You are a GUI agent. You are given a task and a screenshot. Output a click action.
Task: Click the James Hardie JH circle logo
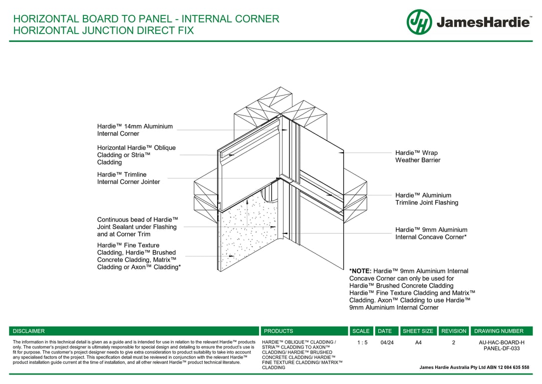(419, 22)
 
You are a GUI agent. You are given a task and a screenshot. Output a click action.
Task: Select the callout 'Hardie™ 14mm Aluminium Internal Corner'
(135, 130)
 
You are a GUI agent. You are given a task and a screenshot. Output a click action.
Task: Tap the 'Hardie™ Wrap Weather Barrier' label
(418, 156)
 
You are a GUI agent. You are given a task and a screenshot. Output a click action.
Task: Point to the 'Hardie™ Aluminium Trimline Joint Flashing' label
(426, 199)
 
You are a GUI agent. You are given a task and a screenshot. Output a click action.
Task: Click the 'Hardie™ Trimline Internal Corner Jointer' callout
(128, 178)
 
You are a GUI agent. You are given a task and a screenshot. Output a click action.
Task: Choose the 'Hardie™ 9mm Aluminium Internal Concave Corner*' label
(431, 233)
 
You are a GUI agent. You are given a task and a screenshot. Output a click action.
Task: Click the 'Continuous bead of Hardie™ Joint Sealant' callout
(137, 227)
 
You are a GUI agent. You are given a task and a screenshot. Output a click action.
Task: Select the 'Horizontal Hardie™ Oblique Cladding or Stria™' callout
(136, 155)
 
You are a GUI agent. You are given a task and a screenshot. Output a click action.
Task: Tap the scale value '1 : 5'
(362, 342)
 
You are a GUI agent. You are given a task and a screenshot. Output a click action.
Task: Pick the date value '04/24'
(387, 342)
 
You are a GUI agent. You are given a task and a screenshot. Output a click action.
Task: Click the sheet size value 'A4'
(418, 342)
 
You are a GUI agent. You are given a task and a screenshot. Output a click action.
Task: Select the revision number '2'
(454, 342)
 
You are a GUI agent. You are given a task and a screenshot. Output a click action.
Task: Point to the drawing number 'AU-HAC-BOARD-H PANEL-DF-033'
(502, 345)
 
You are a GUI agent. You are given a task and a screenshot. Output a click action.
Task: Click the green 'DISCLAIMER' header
(28, 331)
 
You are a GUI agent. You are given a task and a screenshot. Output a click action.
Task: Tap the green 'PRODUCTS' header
(278, 331)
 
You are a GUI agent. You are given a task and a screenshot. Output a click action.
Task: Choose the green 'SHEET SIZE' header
(418, 331)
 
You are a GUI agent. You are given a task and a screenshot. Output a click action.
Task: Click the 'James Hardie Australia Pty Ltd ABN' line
(474, 367)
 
